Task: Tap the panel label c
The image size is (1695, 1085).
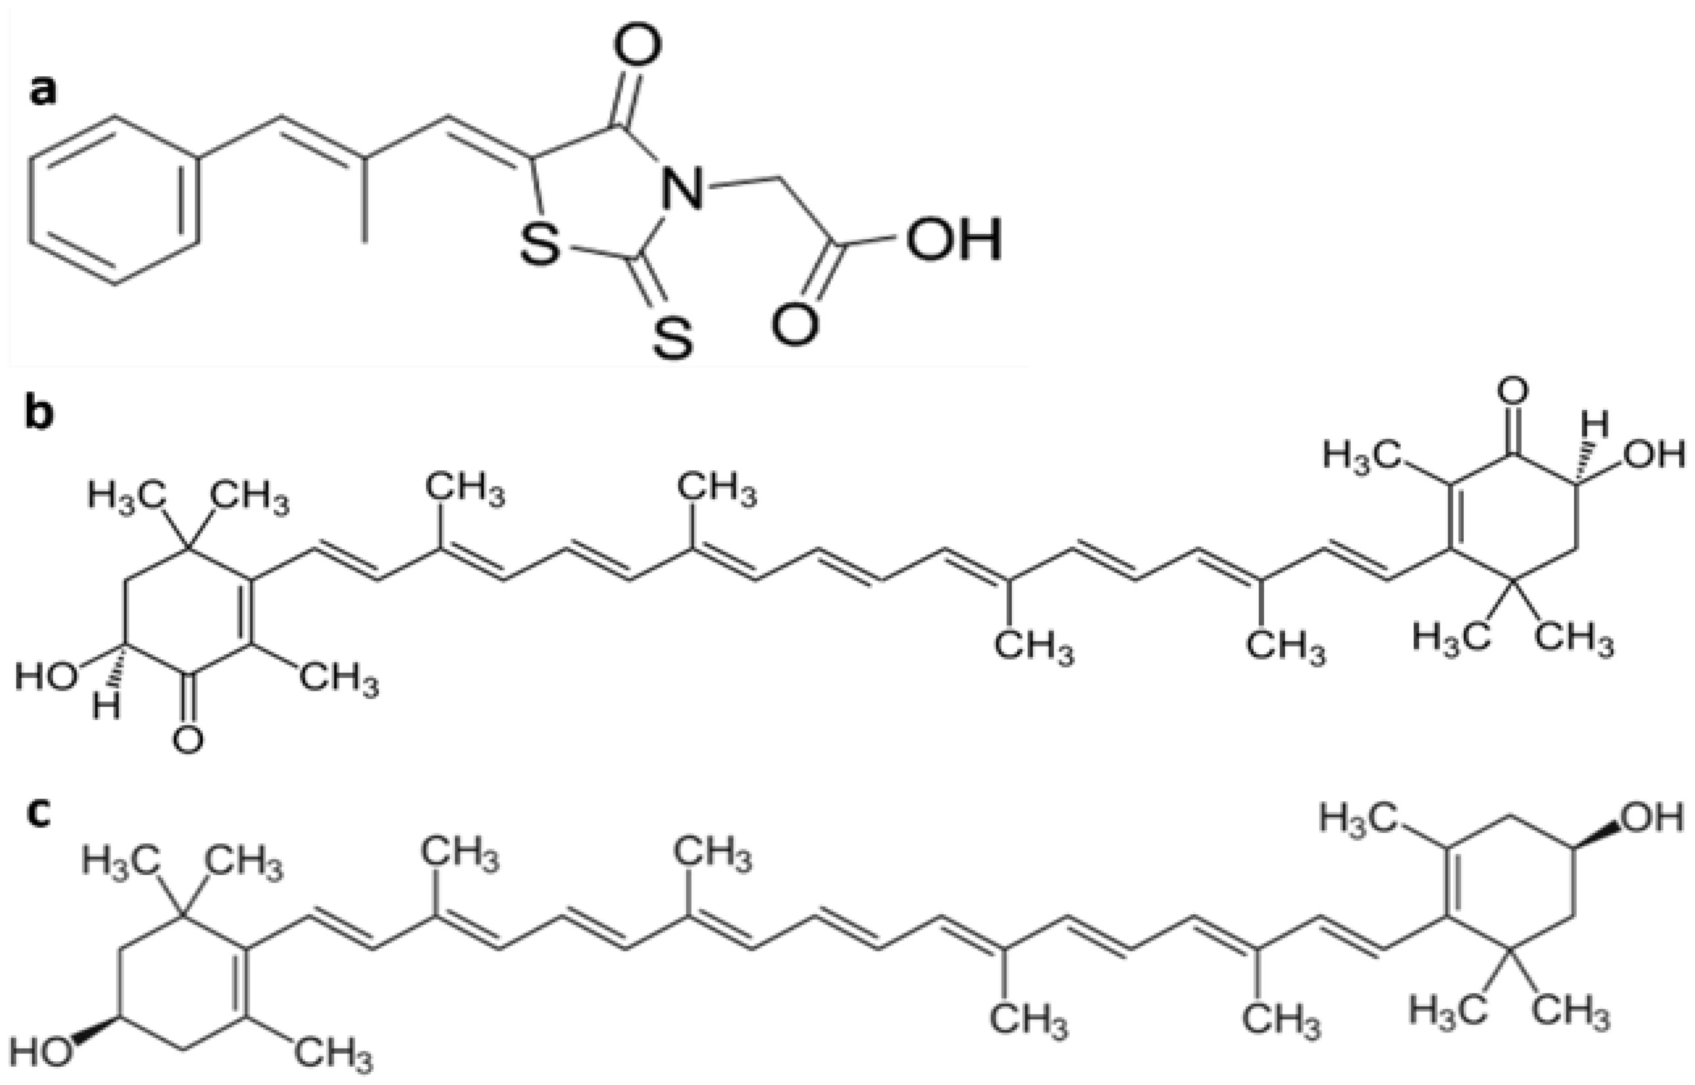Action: (39, 812)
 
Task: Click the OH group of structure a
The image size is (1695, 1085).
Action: (953, 240)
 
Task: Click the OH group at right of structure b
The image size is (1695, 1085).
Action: (1654, 454)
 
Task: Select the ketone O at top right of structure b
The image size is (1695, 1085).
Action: (1513, 391)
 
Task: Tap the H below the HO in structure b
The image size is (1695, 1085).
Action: (107, 707)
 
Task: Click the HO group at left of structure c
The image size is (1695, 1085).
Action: (40, 1054)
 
